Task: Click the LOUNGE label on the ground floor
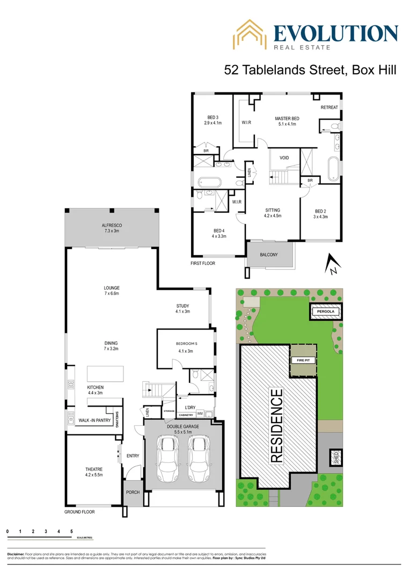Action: (x=112, y=288)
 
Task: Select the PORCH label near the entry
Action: (x=133, y=492)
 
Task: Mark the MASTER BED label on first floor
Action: (x=287, y=119)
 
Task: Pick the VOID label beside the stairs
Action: (x=284, y=158)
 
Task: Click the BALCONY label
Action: (x=269, y=255)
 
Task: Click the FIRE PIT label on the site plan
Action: (x=301, y=361)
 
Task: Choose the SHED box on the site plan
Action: (x=336, y=458)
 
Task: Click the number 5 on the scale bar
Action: (x=71, y=531)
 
